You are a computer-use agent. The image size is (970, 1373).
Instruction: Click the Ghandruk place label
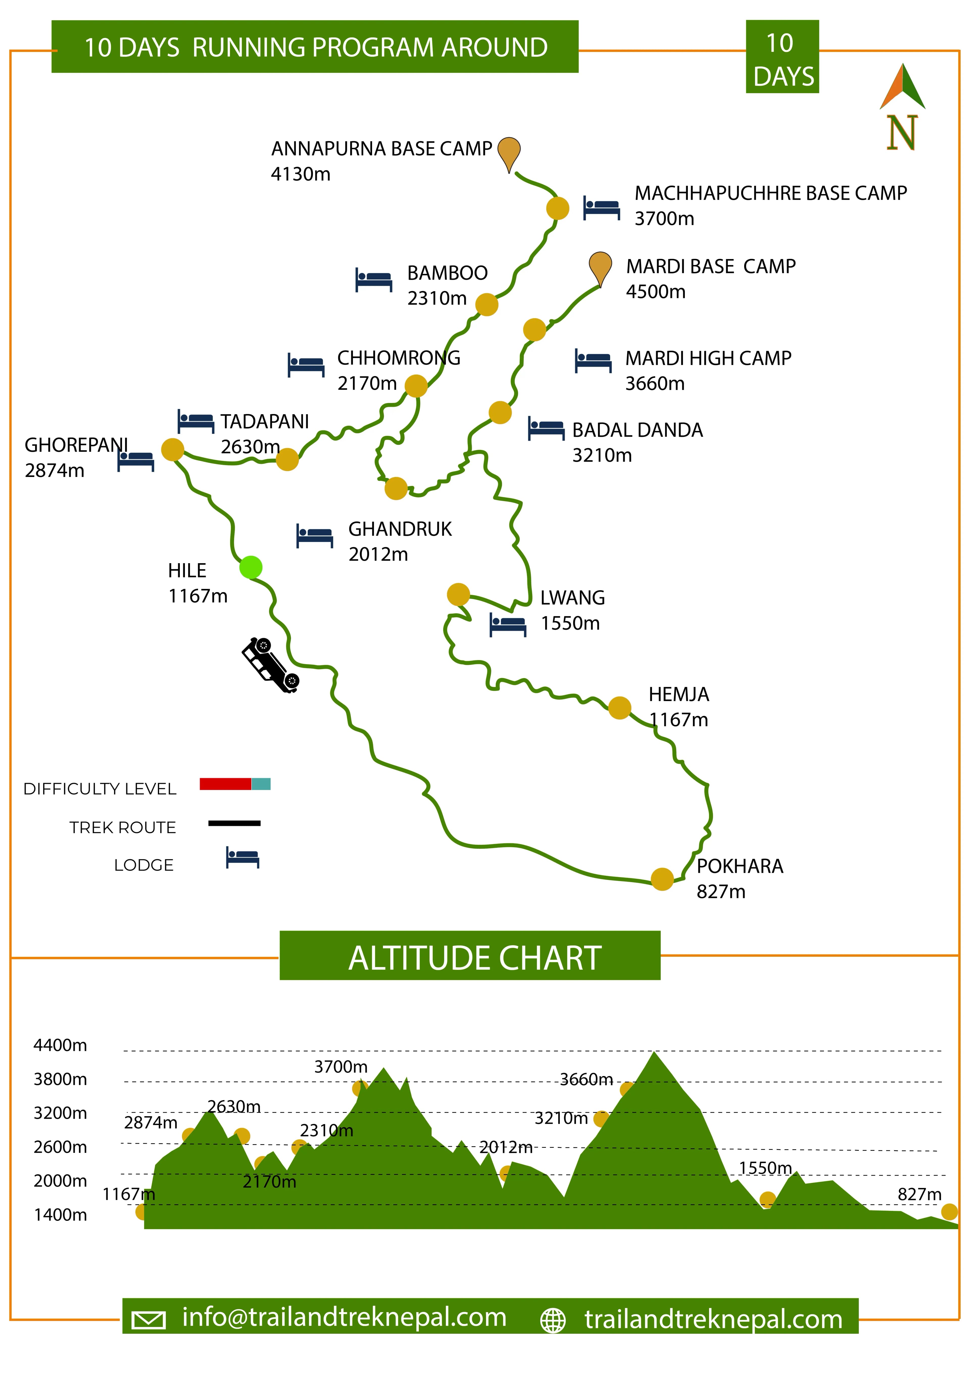pyautogui.click(x=400, y=529)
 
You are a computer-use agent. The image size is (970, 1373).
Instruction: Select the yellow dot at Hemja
pyautogui.click(x=619, y=708)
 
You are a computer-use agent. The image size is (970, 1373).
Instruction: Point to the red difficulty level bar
pyautogui.click(x=225, y=784)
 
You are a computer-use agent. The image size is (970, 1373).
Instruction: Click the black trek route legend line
pyautogui.click(x=234, y=823)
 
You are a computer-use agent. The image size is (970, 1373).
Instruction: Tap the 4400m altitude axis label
pyautogui.click(x=60, y=1045)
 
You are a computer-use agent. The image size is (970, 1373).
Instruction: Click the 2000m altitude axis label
pyautogui.click(x=60, y=1181)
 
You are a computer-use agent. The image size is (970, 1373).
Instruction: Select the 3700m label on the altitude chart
pyautogui.click(x=341, y=1067)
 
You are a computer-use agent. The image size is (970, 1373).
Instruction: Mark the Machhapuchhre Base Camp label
pyautogui.click(x=770, y=193)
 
